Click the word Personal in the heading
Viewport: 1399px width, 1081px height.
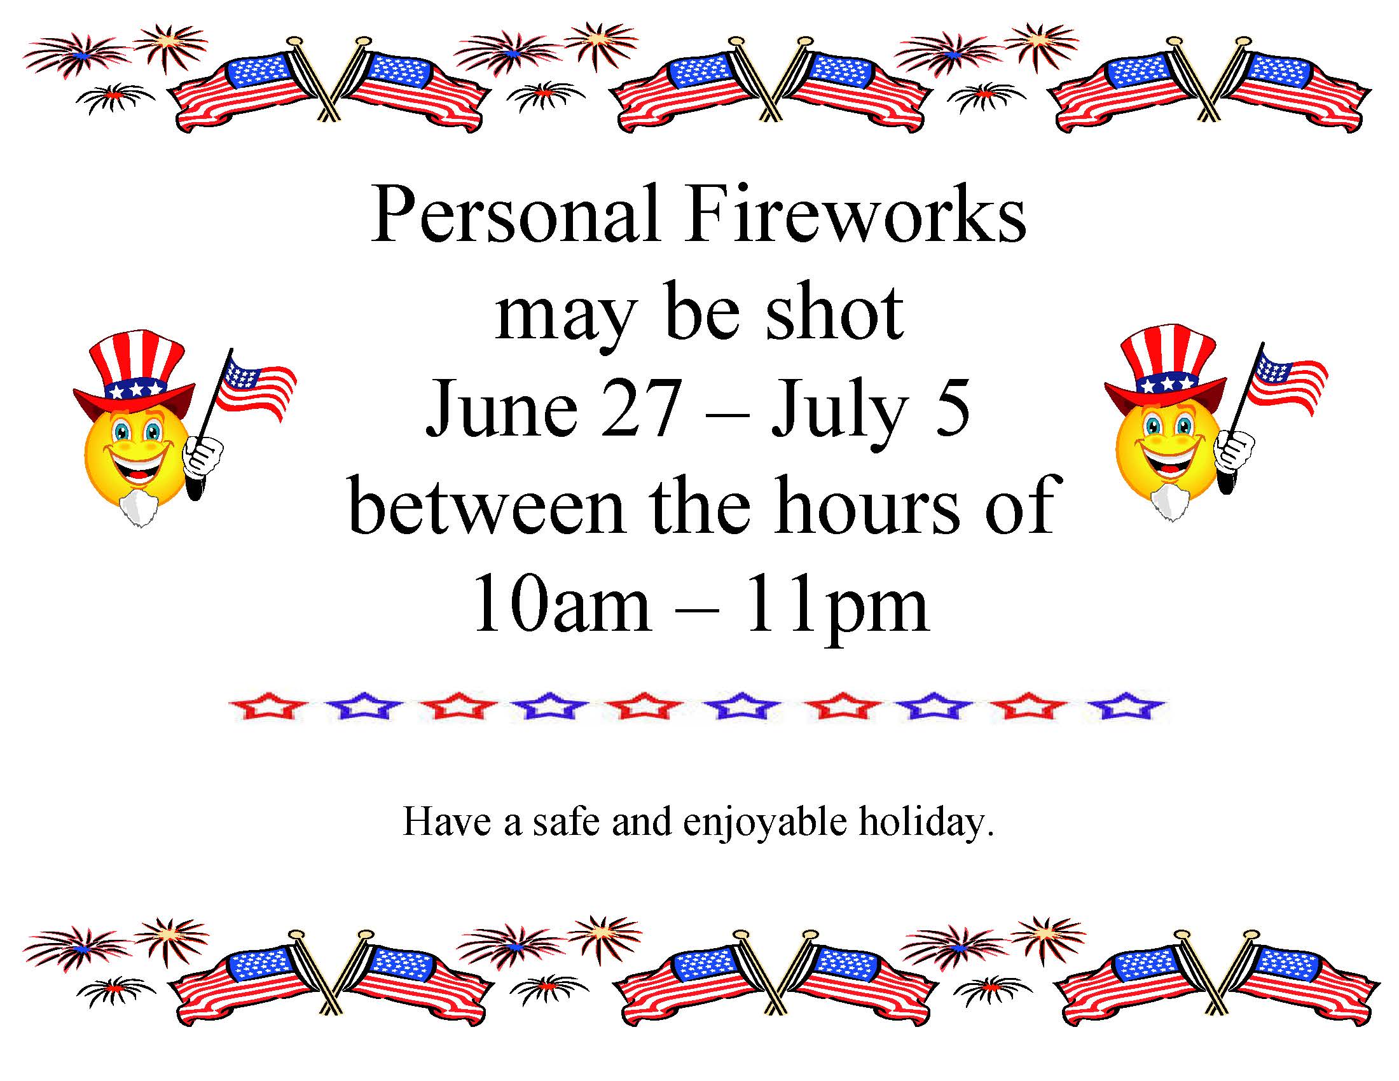coord(516,214)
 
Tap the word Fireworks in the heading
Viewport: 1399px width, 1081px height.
coord(856,214)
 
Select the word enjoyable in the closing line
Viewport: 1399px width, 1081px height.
coord(765,823)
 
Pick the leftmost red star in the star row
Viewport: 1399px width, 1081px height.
coord(267,706)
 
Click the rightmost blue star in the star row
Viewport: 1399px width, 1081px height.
coord(1126,706)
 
